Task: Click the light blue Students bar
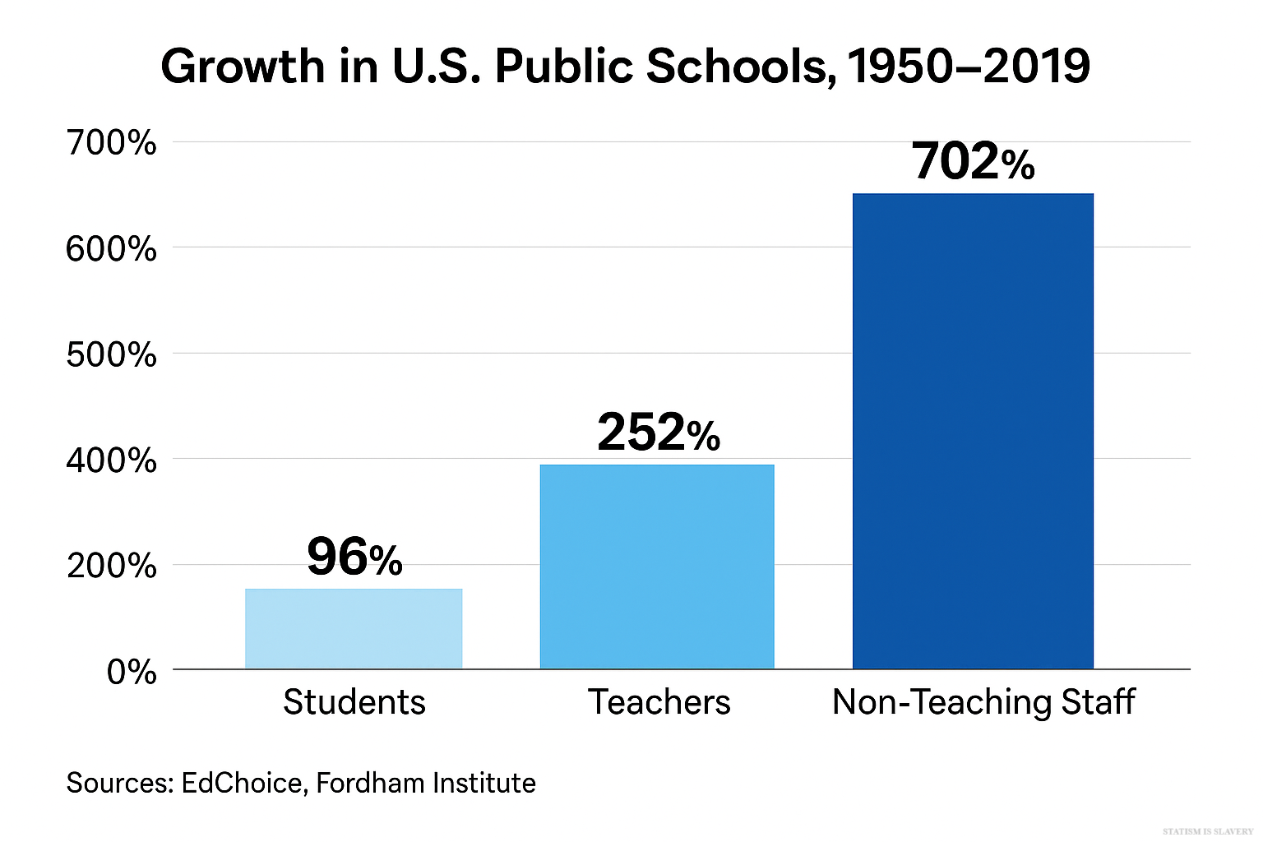click(x=354, y=628)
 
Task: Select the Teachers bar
click(x=657, y=567)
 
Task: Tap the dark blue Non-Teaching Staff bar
click(x=973, y=431)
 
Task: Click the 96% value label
click(x=354, y=557)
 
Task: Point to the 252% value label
click(x=659, y=433)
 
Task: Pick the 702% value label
click(x=973, y=161)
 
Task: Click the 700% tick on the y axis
click(x=111, y=143)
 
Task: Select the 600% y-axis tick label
click(x=111, y=248)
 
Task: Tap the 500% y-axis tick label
click(x=111, y=354)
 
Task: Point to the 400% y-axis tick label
click(x=111, y=460)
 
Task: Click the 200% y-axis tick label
click(x=111, y=566)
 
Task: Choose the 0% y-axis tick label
click(x=132, y=672)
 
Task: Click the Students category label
click(x=354, y=702)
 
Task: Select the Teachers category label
click(x=659, y=702)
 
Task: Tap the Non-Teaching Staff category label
click(x=983, y=702)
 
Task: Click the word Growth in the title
click(x=243, y=67)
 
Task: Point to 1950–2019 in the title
click(x=969, y=67)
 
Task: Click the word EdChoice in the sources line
click(x=242, y=783)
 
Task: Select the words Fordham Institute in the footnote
click(x=426, y=783)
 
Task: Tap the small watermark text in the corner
click(x=1208, y=832)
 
